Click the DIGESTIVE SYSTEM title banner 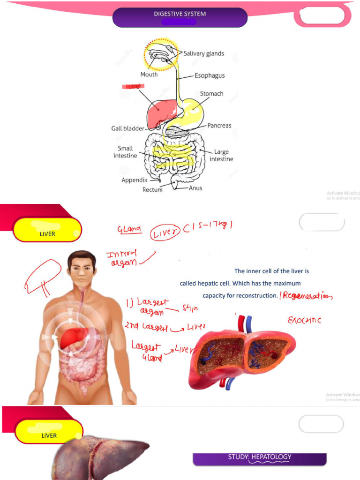[180, 16]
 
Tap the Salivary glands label [203, 53]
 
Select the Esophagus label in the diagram [210, 75]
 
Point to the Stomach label [211, 94]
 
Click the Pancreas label [219, 126]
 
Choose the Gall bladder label [127, 128]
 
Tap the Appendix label [135, 180]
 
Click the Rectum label [152, 190]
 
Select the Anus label [195, 188]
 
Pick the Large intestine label [221, 155]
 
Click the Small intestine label [125, 152]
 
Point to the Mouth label [149, 75]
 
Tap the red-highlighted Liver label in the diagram [134, 86]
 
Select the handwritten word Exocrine [304, 320]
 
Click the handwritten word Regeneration [307, 296]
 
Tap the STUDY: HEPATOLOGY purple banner [260, 457]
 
